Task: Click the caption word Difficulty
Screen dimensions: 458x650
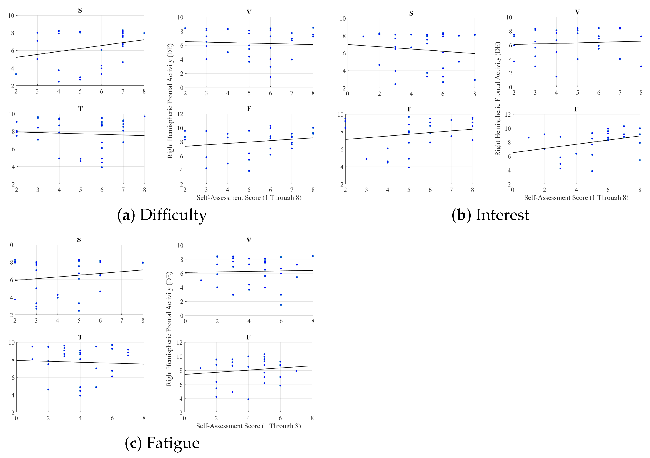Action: click(173, 215)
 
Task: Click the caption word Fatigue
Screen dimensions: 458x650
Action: click(173, 443)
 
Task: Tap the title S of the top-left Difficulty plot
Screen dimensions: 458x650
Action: click(80, 10)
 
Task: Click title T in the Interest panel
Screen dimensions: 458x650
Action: click(409, 109)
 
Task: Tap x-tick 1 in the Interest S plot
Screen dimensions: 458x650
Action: click(363, 94)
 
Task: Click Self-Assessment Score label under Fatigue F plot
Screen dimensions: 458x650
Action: click(248, 426)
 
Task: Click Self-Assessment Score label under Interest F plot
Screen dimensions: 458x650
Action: click(576, 198)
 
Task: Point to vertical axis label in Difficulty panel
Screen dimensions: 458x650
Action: click(170, 101)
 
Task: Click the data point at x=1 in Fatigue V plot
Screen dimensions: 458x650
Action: click(201, 280)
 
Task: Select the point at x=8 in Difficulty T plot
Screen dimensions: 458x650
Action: click(144, 116)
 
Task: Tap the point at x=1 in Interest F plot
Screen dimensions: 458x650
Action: click(528, 138)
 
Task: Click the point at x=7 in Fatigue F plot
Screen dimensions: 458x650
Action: click(296, 371)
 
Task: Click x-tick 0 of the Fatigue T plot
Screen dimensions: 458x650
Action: click(16, 418)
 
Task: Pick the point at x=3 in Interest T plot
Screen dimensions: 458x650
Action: click(366, 159)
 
